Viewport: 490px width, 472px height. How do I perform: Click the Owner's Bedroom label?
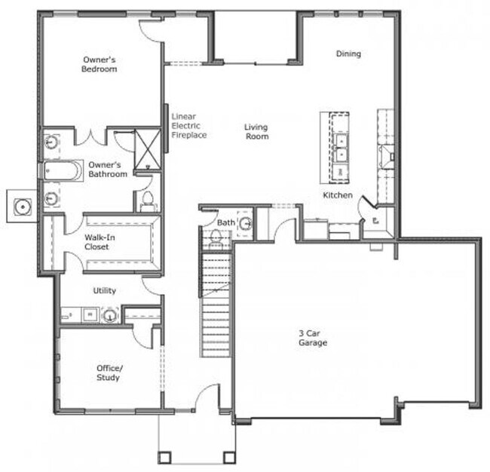(100, 63)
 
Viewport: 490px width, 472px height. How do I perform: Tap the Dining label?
(348, 54)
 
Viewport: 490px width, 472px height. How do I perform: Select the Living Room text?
(256, 132)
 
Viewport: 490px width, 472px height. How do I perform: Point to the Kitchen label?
(337, 195)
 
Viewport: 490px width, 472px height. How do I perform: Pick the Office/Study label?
(108, 372)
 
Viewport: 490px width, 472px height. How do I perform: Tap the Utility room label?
(104, 290)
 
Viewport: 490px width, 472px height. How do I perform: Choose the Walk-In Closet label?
(96, 242)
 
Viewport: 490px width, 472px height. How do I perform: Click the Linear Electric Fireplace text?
(189, 125)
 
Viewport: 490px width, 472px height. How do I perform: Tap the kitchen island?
(335, 146)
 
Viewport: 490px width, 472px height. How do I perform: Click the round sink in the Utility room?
(110, 315)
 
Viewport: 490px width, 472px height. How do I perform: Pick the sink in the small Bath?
(245, 223)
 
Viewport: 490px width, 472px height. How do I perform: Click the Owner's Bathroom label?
(107, 169)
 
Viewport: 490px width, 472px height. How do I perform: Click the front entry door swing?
(207, 398)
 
